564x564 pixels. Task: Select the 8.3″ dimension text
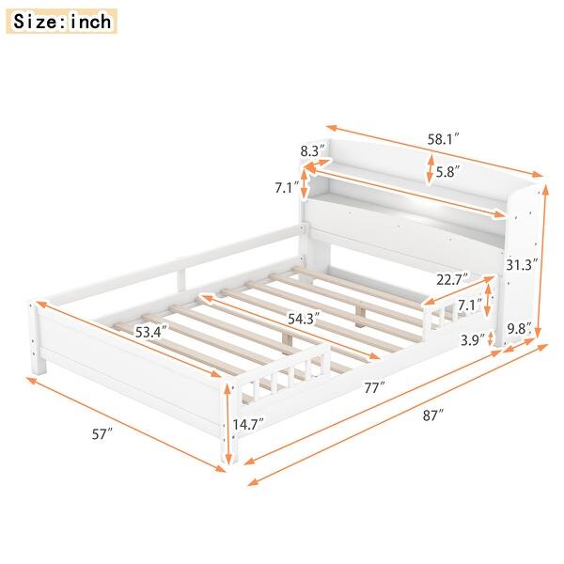(x=312, y=149)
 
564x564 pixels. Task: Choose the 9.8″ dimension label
(x=519, y=328)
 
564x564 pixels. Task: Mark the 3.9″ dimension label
(x=473, y=338)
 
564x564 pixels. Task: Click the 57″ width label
(x=102, y=433)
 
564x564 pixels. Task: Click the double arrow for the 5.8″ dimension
(x=431, y=170)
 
